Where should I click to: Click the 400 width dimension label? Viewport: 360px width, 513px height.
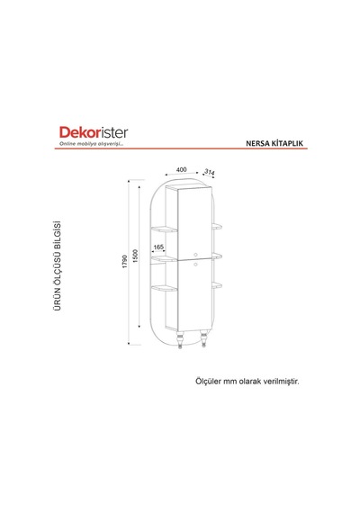click(181, 169)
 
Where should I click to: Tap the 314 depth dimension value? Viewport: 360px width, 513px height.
click(210, 172)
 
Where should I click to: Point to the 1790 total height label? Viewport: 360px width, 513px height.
click(125, 262)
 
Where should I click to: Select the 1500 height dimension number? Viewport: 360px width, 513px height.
click(136, 256)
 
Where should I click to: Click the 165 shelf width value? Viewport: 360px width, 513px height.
click(158, 247)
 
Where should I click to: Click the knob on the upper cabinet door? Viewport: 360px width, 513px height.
click(195, 254)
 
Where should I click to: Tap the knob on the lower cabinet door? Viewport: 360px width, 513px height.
click(195, 264)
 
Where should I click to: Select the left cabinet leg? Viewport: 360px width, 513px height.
click(180, 339)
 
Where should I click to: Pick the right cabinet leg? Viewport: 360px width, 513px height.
click(203, 338)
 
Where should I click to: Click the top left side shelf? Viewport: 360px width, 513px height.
click(164, 229)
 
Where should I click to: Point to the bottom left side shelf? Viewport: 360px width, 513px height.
click(164, 288)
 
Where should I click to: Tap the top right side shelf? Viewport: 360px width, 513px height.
click(217, 226)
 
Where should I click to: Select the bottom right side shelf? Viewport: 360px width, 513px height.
click(217, 285)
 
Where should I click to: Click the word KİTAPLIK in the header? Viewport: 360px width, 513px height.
click(288, 143)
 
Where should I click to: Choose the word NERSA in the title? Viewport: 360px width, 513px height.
click(258, 143)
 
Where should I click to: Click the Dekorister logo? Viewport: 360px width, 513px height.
click(94, 132)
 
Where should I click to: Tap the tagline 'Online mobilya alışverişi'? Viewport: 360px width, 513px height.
click(91, 144)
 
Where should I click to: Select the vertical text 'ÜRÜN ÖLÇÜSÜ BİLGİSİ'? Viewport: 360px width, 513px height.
click(58, 265)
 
